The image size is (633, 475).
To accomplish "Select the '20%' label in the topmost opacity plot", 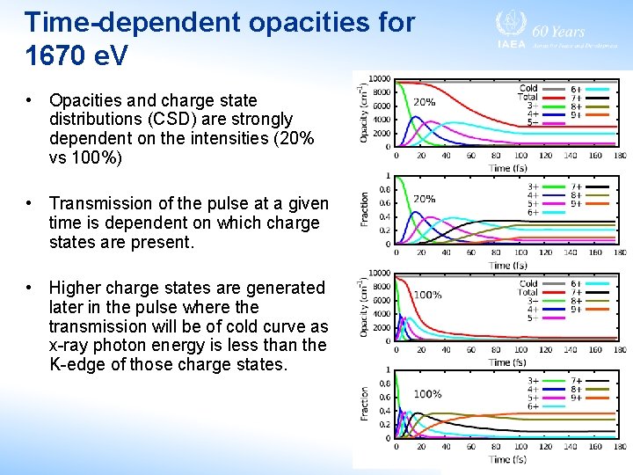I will [424, 102].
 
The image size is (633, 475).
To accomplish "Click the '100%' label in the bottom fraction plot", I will [427, 394].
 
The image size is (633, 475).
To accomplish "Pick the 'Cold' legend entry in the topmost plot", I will [528, 88].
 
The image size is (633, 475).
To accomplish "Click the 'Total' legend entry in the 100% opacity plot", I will [527, 293].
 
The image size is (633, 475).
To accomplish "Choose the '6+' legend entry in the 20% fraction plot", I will [533, 212].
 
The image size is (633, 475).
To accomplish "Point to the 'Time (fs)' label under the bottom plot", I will [508, 459].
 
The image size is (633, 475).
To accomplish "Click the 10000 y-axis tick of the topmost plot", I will [379, 80].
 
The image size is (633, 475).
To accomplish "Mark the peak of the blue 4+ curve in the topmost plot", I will [418, 120].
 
